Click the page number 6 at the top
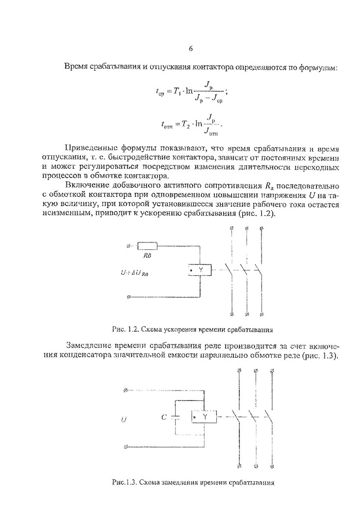[x=190, y=49]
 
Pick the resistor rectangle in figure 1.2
[x=147, y=246]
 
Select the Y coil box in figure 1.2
[x=200, y=270]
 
